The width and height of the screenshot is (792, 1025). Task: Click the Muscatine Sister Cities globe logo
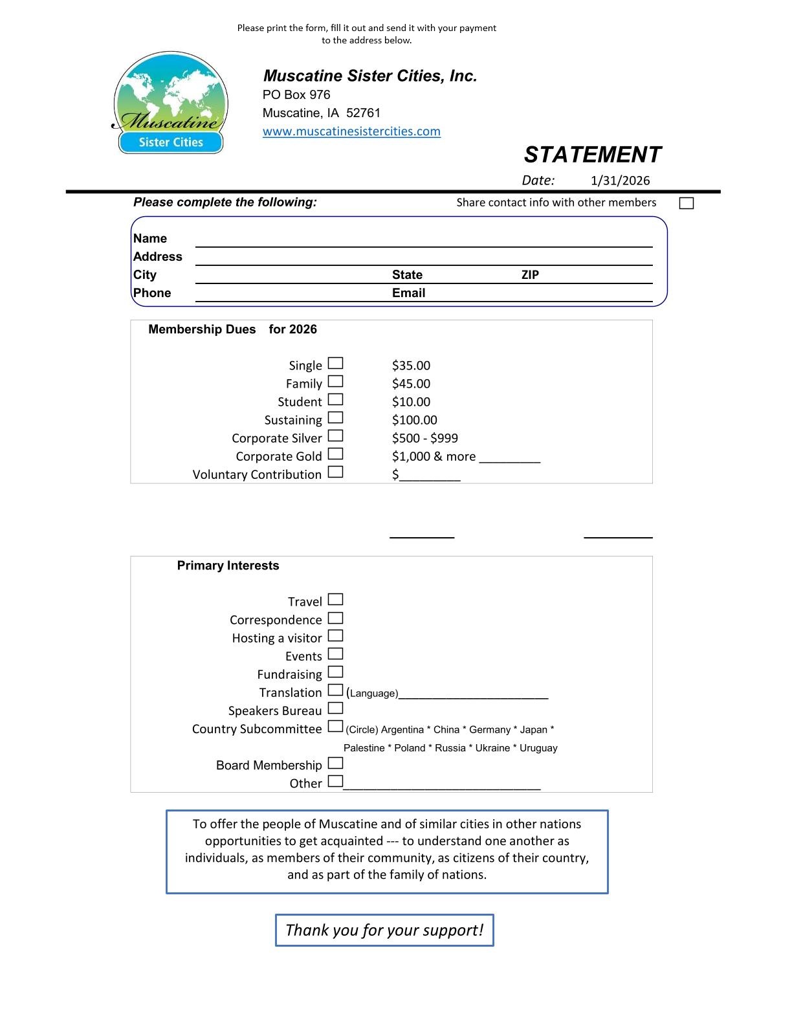point(170,102)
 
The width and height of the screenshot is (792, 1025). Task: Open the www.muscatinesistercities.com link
point(351,131)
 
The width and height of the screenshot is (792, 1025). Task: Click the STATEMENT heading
point(592,155)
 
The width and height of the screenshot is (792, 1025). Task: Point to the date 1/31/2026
point(620,181)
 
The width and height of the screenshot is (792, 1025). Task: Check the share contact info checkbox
point(687,203)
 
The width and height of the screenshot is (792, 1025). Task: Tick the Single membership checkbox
point(335,364)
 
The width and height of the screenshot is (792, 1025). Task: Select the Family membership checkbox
point(335,382)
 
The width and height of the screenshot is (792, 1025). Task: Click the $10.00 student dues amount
point(411,402)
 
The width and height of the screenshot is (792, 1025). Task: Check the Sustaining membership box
point(335,418)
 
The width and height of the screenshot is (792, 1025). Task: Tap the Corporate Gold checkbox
point(335,454)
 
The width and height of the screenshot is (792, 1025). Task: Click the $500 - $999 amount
point(424,438)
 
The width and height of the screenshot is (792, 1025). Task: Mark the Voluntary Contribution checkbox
point(335,472)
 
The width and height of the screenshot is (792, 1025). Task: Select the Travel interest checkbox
point(335,600)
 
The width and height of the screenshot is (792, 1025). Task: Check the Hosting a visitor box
point(335,636)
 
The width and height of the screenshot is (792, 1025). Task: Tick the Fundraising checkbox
point(335,672)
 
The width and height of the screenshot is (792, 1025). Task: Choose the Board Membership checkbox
point(335,763)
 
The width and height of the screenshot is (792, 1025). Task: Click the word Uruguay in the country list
point(538,748)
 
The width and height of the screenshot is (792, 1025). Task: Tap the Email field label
point(408,293)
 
